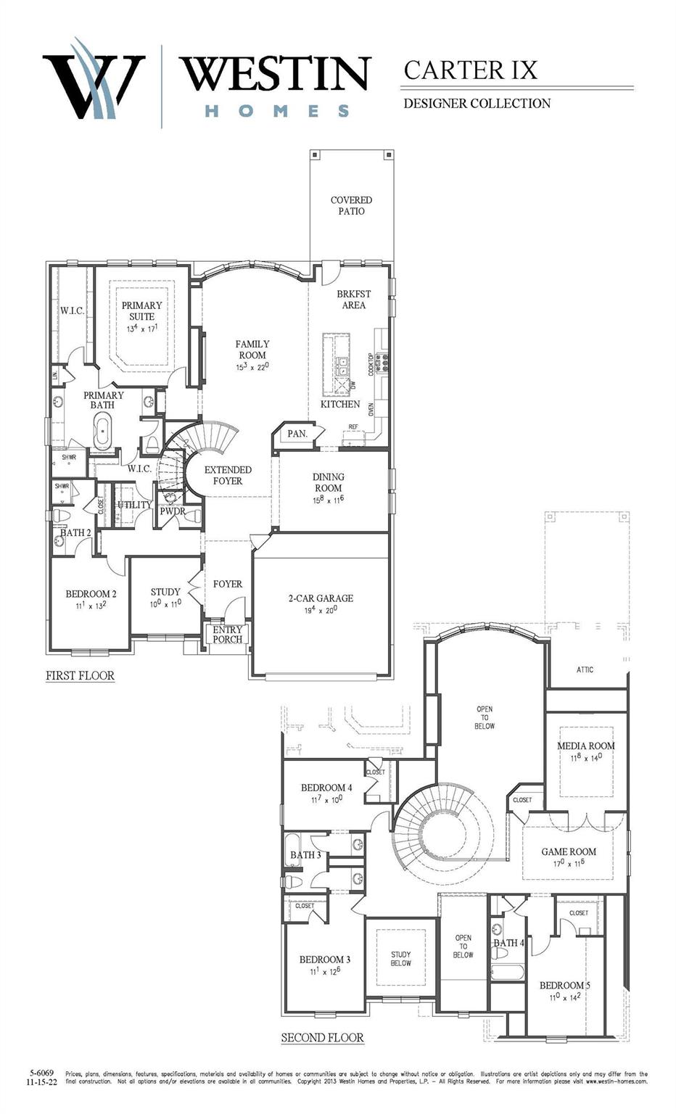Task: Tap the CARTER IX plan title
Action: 470,70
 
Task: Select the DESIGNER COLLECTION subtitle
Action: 477,104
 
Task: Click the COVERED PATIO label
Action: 351,205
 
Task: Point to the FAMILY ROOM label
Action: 252,350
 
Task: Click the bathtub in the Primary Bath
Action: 103,433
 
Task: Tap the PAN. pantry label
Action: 297,434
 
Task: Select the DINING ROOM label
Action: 328,482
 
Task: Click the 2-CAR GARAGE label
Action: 321,598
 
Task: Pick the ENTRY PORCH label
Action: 227,635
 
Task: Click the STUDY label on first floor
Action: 165,592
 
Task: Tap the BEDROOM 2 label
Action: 91,594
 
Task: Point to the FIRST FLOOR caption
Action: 80,675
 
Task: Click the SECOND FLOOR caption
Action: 322,1037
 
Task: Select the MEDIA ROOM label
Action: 585,746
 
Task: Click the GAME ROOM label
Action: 569,851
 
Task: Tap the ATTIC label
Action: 585,669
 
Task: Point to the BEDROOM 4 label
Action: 326,788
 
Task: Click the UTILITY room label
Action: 134,505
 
